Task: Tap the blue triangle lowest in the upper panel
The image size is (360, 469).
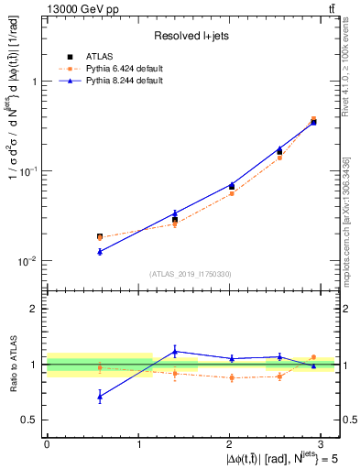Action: (x=100, y=251)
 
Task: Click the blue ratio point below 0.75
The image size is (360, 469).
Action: (x=100, y=397)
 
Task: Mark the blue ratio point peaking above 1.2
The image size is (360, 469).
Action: (x=175, y=351)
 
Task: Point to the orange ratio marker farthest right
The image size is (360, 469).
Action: (x=313, y=357)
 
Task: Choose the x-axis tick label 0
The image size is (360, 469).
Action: (x=47, y=443)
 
